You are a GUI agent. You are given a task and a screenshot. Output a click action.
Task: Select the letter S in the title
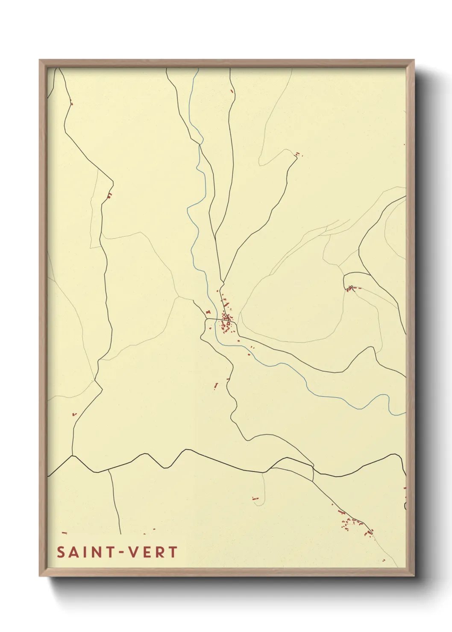61,552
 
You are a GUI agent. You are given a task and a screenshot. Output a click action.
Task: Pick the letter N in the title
97,552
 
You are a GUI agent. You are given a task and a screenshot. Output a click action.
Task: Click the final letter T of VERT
173,552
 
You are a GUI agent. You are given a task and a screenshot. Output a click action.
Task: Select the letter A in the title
74,552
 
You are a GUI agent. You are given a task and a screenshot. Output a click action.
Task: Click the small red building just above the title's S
65,533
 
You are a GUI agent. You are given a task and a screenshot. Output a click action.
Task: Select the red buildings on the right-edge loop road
351,289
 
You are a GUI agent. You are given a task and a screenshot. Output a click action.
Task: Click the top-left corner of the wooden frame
40,60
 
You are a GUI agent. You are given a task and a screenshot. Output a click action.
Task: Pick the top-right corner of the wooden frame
414,60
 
